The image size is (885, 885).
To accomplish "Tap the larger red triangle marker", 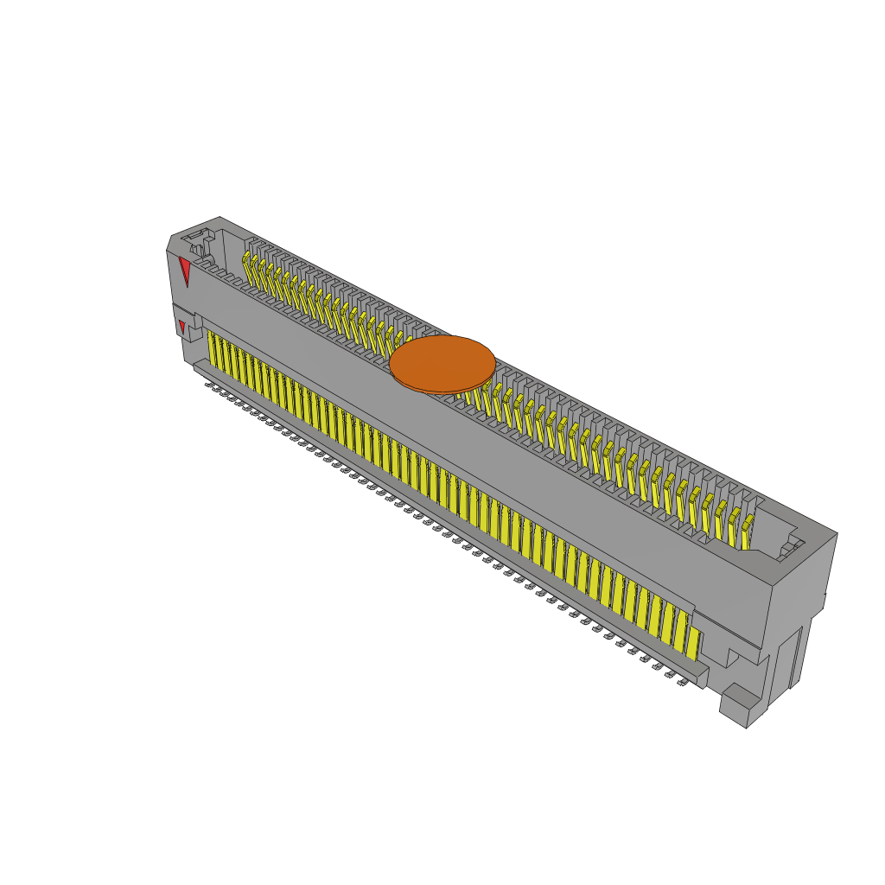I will coord(184,271).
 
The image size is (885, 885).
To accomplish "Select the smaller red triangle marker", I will coord(181,327).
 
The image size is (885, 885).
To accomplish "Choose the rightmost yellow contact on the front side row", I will coord(692,640).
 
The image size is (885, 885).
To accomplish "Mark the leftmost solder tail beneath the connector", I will coord(209,384).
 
